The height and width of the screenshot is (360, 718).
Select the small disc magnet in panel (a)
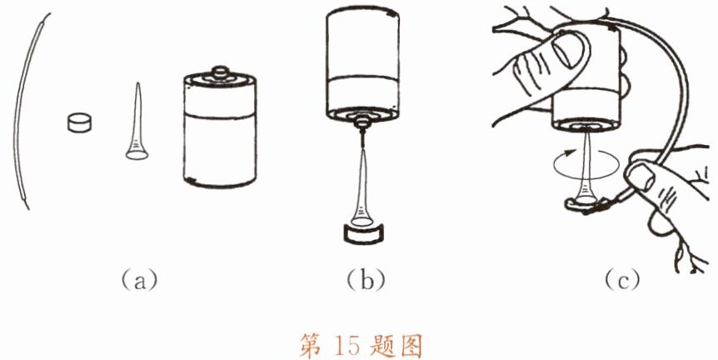tap(79, 122)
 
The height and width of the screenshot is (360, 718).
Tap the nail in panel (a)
tap(137, 122)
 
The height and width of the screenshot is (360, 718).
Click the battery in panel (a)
tap(219, 128)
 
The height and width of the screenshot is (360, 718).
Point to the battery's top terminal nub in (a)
tap(219, 72)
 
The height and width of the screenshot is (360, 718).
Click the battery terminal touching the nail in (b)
tap(362, 122)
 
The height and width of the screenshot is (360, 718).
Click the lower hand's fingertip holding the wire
tap(641, 176)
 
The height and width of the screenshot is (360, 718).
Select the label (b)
tap(366, 280)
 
